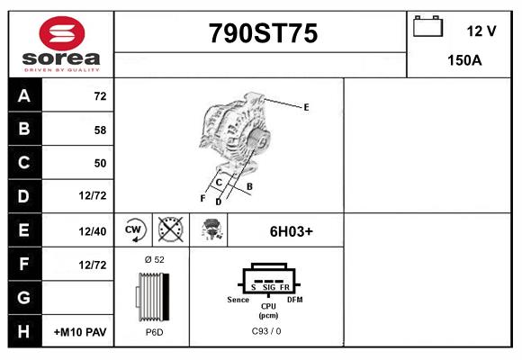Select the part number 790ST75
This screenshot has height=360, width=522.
(x=263, y=34)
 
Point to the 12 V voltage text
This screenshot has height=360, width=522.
(x=481, y=31)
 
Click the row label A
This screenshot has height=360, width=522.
(x=23, y=95)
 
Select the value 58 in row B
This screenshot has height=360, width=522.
(x=100, y=130)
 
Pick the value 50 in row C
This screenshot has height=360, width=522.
(x=100, y=163)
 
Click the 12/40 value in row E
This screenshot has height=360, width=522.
(x=93, y=231)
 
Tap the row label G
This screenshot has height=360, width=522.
(x=23, y=297)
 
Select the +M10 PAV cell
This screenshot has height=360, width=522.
(x=80, y=332)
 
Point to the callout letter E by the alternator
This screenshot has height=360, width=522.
(x=306, y=107)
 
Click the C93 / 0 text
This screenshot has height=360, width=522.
(x=266, y=332)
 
